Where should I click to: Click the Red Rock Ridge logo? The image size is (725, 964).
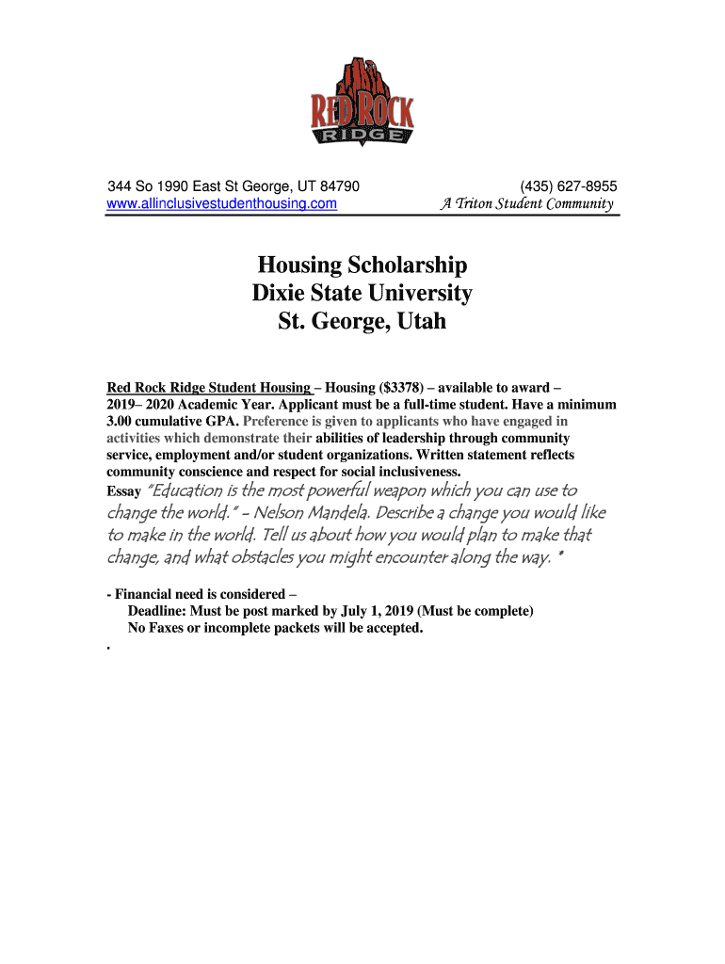[362, 104]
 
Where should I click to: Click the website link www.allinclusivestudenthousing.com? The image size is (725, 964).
[222, 203]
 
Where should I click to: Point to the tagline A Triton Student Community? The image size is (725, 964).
[526, 203]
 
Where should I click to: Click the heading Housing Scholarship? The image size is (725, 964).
[362, 265]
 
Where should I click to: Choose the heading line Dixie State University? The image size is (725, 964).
[362, 293]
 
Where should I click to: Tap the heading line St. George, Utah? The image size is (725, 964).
[362, 322]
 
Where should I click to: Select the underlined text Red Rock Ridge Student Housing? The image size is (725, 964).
[209, 387]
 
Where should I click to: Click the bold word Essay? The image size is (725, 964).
[124, 492]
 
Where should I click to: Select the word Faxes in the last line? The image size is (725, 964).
[170, 628]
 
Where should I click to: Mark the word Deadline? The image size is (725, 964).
[158, 611]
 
